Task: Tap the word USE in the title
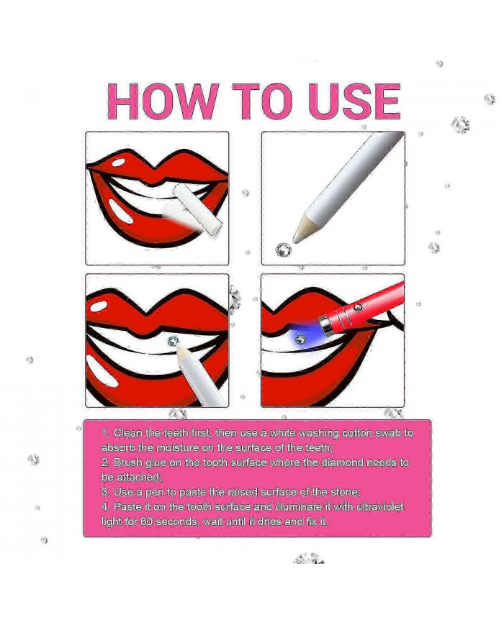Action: (354, 101)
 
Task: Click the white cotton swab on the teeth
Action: (197, 209)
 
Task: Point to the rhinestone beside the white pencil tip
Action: (284, 250)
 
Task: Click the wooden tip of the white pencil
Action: (305, 229)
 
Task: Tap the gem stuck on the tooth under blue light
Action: (300, 339)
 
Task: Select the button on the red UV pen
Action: (358, 307)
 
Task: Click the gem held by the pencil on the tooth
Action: (172, 341)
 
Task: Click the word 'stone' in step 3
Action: (345, 492)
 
